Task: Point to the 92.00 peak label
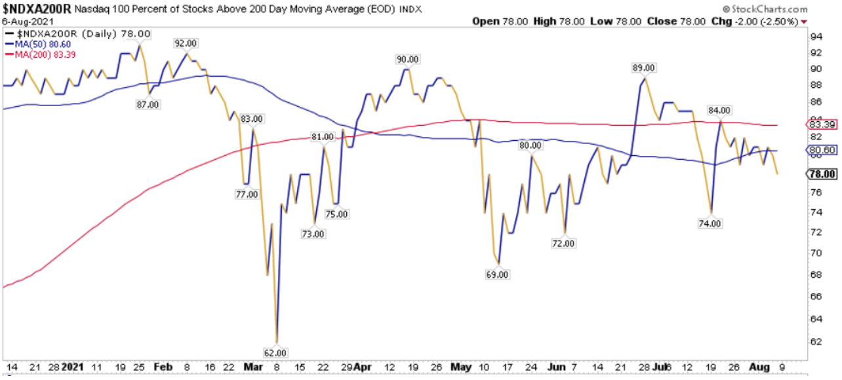tap(186, 43)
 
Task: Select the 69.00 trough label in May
tap(497, 275)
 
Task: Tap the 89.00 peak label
tap(643, 67)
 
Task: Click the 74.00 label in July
tap(710, 223)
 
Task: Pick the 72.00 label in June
tap(563, 243)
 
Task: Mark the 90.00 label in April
tap(407, 59)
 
